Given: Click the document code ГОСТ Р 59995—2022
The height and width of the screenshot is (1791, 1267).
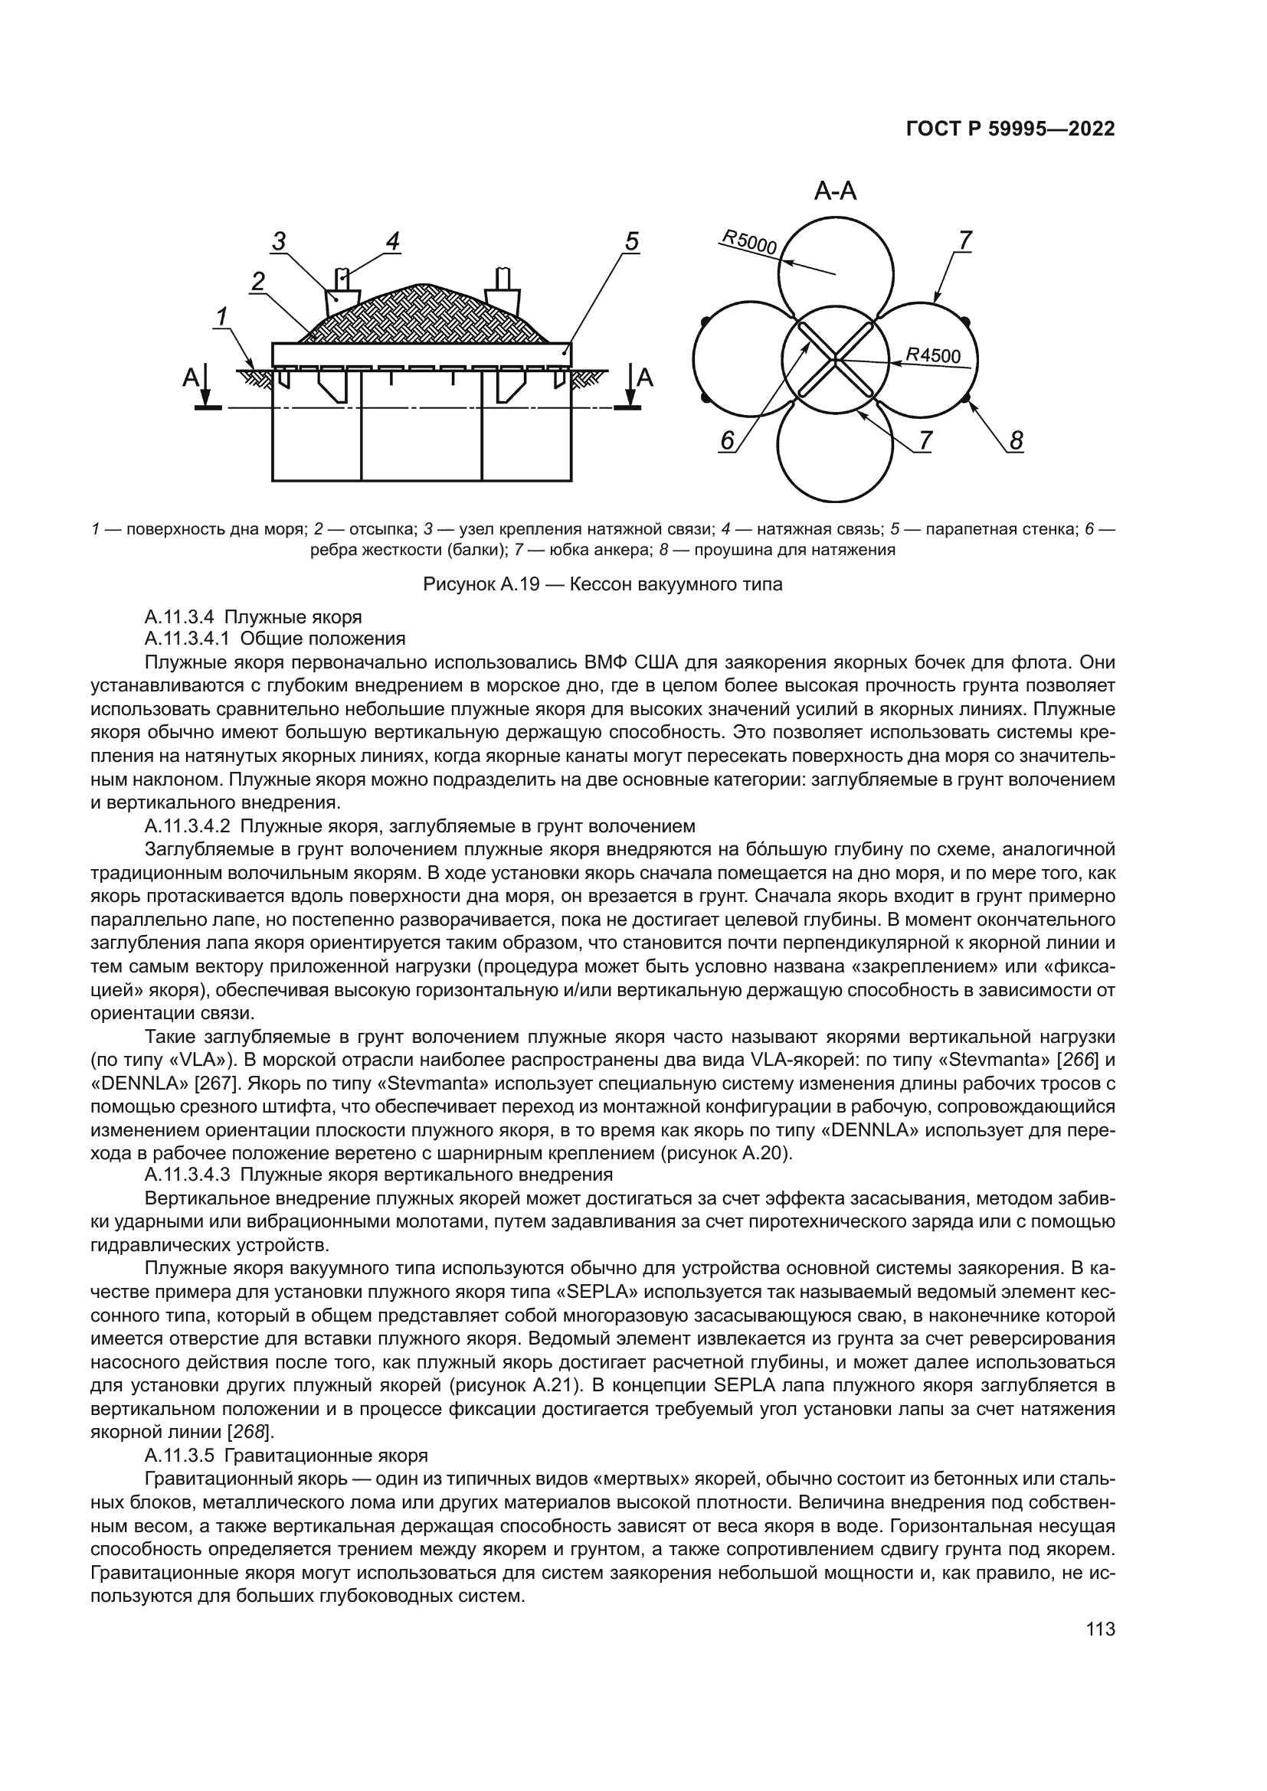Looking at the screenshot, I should (x=1010, y=129).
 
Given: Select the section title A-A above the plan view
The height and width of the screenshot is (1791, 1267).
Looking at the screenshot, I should (x=835, y=191).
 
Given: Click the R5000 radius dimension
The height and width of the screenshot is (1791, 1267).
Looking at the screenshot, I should (x=749, y=243).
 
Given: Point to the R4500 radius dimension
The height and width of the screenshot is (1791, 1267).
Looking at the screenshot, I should (x=934, y=356).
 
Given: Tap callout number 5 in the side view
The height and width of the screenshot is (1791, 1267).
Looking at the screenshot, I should (x=631, y=242).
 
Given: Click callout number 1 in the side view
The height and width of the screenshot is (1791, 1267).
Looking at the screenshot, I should (x=221, y=317).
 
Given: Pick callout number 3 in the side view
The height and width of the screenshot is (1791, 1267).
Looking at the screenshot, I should (x=279, y=242).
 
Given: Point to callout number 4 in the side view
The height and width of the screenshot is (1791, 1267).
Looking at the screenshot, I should (x=392, y=242).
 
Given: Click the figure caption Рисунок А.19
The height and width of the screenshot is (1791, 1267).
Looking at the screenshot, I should (x=601, y=584).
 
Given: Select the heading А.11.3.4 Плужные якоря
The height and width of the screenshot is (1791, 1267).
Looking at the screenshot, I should (x=254, y=617).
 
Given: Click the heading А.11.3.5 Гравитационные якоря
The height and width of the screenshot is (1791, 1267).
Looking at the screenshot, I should (x=286, y=1456).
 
